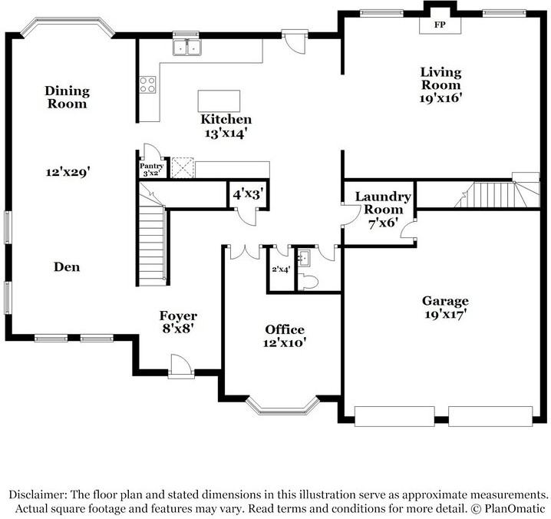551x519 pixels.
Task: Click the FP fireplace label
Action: pyautogui.click(x=440, y=25)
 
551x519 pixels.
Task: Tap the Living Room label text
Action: pyautogui.click(x=440, y=78)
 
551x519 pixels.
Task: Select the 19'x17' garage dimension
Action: pyautogui.click(x=445, y=314)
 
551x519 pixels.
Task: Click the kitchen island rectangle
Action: pyautogui.click(x=219, y=101)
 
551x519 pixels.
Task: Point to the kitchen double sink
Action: pyautogui.click(x=186, y=49)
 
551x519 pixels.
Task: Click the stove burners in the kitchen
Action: pyautogui.click(x=147, y=84)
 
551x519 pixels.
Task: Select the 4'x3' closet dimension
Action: pyautogui.click(x=248, y=195)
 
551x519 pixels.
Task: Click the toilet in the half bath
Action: pyautogui.click(x=308, y=283)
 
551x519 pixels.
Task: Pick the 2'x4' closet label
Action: pyautogui.click(x=281, y=269)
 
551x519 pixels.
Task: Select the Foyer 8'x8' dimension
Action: pyautogui.click(x=178, y=329)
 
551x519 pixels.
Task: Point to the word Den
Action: pyautogui.click(x=67, y=267)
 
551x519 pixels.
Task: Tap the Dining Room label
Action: pyautogui.click(x=67, y=97)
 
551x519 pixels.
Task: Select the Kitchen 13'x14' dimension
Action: pyautogui.click(x=226, y=133)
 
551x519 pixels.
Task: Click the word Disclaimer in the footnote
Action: pyautogui.click(x=38, y=494)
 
